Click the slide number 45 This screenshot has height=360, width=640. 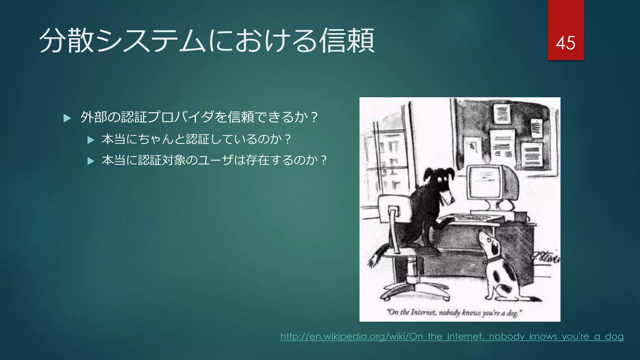click(x=565, y=43)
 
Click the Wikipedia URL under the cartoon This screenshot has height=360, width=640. click(x=452, y=337)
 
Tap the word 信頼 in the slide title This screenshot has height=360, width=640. click(x=347, y=41)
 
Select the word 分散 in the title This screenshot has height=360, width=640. click(x=67, y=41)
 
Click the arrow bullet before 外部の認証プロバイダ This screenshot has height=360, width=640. click(x=67, y=118)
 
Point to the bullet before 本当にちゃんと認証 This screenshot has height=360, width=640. click(x=91, y=140)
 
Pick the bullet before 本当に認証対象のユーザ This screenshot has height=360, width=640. click(x=91, y=161)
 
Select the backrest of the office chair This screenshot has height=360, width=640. click(x=392, y=209)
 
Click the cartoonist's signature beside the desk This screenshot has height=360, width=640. click(x=545, y=257)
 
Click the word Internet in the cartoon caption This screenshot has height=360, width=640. click(x=423, y=312)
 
